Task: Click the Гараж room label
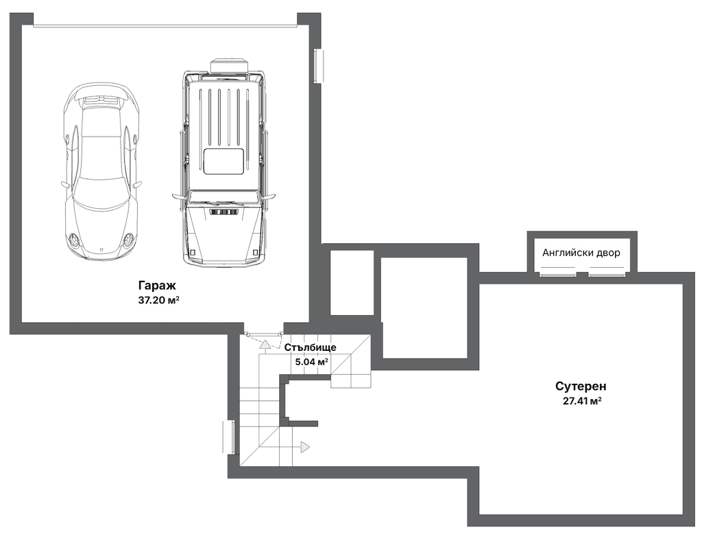(157, 286)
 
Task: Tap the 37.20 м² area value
(159, 301)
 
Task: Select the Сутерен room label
(581, 386)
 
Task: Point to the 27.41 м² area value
(582, 401)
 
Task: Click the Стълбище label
(311, 347)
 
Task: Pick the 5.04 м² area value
(312, 361)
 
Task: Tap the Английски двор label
(581, 253)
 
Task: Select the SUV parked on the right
(224, 161)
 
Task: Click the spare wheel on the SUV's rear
(229, 65)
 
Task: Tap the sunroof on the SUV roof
(224, 161)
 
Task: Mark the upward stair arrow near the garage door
(265, 347)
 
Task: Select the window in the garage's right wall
(319, 66)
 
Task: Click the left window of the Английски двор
(558, 273)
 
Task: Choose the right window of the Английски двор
(607, 273)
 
